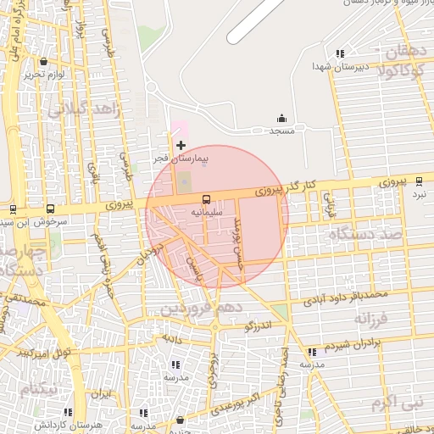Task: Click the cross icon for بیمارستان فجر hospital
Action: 181,146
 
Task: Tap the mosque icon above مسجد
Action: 281,119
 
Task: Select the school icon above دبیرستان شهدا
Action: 340,53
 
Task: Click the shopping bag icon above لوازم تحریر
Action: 43,61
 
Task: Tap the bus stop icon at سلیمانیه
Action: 208,201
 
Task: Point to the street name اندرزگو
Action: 259,323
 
